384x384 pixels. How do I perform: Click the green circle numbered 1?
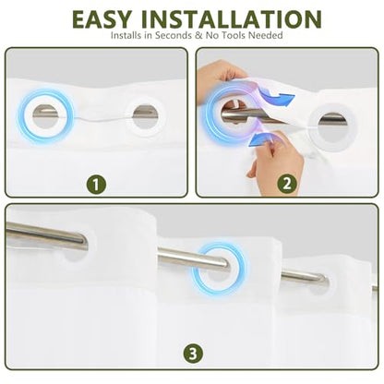click(x=96, y=185)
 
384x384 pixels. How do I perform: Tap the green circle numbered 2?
click(x=287, y=184)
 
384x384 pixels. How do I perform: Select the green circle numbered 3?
click(x=193, y=354)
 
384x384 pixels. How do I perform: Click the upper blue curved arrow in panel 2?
click(x=278, y=95)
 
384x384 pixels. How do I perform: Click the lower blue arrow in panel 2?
click(x=262, y=138)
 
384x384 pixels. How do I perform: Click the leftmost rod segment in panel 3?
click(x=46, y=235)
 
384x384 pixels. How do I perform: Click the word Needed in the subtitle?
click(x=266, y=35)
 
